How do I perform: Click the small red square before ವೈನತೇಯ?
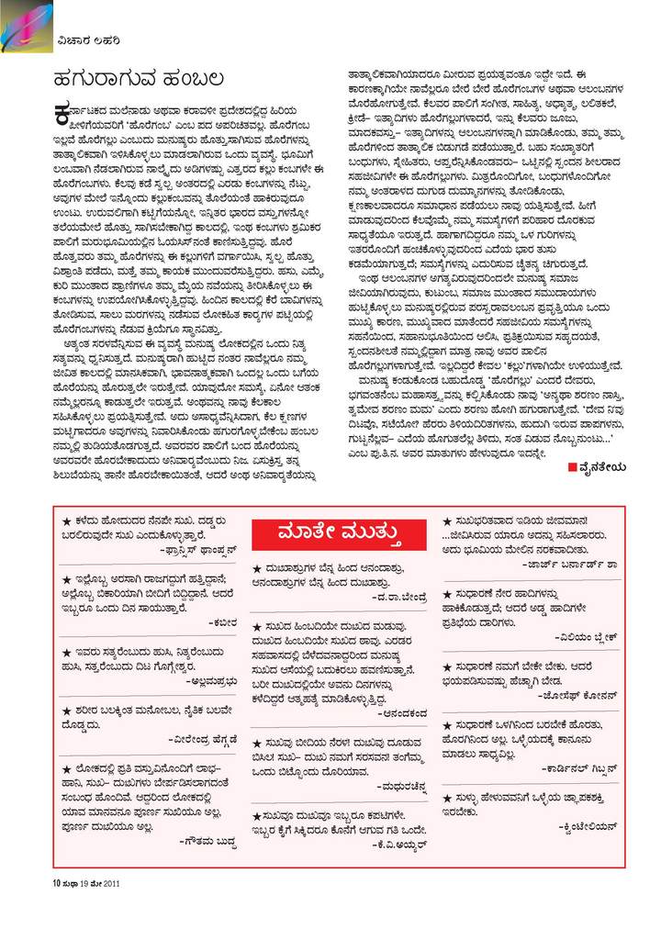[x=571, y=468]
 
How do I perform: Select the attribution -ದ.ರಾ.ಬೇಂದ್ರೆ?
[x=398, y=598]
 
